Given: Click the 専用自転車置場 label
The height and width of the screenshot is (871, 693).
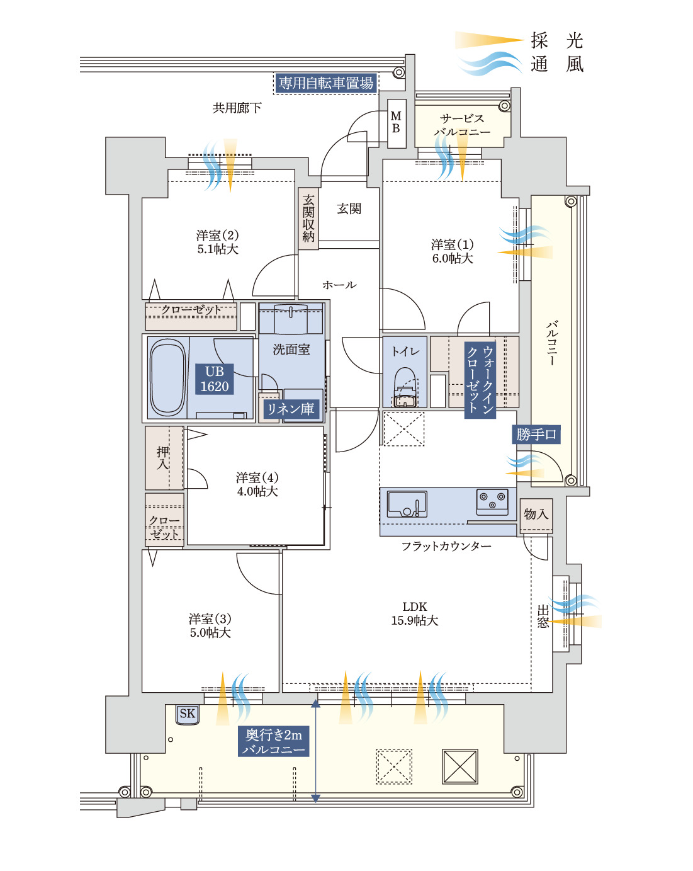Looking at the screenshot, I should pyautogui.click(x=325, y=83).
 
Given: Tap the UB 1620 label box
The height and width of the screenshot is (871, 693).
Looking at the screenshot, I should pyautogui.click(x=214, y=379).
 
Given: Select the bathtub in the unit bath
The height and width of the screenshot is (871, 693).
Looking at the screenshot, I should pyautogui.click(x=168, y=378).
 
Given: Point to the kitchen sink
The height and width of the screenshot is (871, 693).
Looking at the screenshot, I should pyautogui.click(x=406, y=504).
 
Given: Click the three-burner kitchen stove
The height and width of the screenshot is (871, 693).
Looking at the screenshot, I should pyautogui.click(x=492, y=501).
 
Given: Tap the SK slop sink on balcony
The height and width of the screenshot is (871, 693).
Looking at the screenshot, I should pyautogui.click(x=188, y=714).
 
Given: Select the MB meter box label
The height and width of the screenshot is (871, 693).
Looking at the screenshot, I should pyautogui.click(x=396, y=122).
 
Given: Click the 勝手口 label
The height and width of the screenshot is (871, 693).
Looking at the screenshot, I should pyautogui.click(x=537, y=435).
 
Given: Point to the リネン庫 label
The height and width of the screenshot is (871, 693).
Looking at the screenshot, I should pyautogui.click(x=291, y=409).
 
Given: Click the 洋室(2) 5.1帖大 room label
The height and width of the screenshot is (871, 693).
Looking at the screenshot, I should pyautogui.click(x=217, y=242).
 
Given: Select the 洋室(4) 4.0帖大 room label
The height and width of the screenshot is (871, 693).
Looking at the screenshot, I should pyautogui.click(x=257, y=484).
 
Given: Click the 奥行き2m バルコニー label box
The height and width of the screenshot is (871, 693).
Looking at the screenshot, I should pyautogui.click(x=274, y=742).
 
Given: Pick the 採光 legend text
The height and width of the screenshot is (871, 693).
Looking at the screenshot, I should pyautogui.click(x=557, y=41).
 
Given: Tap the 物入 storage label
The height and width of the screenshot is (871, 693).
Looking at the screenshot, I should pyautogui.click(x=536, y=514).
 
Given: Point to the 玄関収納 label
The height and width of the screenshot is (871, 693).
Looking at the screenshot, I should pyautogui.click(x=308, y=218).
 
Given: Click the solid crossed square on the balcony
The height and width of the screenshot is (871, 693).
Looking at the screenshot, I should pyautogui.click(x=460, y=766).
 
